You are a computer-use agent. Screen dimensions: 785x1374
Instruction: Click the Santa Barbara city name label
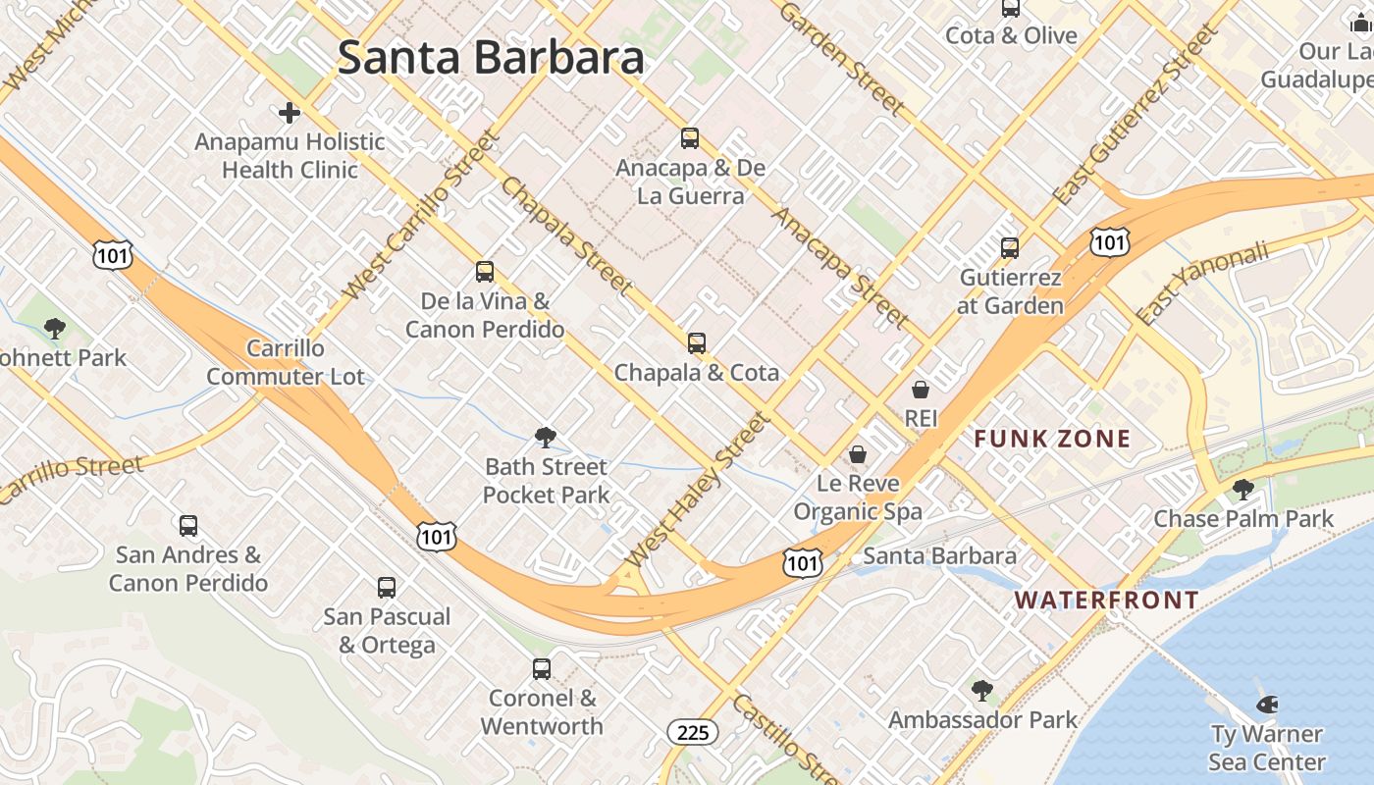(x=491, y=58)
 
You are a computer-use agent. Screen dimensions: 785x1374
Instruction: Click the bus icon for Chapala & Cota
(x=697, y=343)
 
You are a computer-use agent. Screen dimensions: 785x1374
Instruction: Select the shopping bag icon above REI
(x=921, y=390)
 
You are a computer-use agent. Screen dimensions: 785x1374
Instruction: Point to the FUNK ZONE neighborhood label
(x=1052, y=439)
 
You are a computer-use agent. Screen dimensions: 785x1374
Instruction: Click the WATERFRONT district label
(x=1106, y=600)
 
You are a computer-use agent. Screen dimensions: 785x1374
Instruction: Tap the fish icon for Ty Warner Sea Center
(x=1267, y=704)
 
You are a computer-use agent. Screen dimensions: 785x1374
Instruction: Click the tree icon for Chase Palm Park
(x=1243, y=489)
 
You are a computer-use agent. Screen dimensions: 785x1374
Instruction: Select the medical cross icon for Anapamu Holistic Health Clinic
(x=290, y=113)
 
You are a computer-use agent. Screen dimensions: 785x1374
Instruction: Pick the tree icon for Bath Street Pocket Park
(x=546, y=438)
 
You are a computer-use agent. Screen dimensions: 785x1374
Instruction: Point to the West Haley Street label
(x=698, y=490)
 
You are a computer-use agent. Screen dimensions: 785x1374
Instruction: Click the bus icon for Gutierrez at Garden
(x=1010, y=248)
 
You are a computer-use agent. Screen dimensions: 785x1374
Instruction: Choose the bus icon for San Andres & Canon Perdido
(x=188, y=526)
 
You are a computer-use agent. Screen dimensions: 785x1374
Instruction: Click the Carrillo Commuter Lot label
(x=285, y=362)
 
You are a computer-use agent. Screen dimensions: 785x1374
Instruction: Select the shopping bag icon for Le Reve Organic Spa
(x=858, y=454)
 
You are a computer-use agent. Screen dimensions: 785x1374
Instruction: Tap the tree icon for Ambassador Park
(x=982, y=691)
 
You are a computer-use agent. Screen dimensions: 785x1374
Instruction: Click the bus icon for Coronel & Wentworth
(x=542, y=669)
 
